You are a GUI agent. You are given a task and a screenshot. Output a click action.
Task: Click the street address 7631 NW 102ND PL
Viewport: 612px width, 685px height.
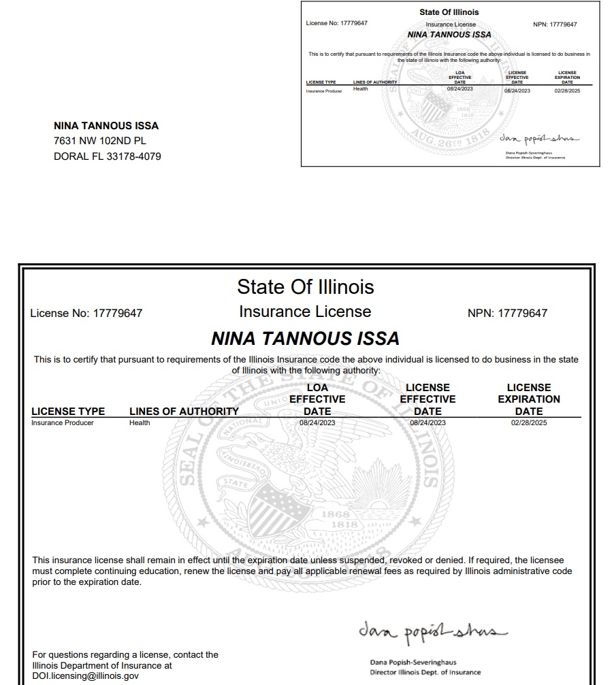point(100,141)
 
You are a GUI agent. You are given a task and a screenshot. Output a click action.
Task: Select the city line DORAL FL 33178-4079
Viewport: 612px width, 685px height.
point(107,156)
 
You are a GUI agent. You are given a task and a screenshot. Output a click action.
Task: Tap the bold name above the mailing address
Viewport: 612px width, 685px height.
point(106,126)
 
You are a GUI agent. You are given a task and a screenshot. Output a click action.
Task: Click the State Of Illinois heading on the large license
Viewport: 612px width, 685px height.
point(305,286)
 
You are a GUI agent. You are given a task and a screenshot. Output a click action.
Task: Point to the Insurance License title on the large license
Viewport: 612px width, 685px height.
point(305,312)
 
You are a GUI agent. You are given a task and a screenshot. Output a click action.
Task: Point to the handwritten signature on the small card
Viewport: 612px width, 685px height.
point(538,138)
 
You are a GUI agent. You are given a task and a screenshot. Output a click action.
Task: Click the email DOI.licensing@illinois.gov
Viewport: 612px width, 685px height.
point(85,676)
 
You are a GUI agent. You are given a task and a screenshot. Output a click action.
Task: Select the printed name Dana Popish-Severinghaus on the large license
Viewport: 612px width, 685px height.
point(413,662)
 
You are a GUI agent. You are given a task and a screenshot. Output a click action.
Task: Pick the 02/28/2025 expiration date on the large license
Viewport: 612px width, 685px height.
point(528,423)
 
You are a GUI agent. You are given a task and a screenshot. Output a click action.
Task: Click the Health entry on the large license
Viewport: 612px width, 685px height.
point(140,423)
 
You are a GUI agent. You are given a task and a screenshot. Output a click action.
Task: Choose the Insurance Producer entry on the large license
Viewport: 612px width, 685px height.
point(63,423)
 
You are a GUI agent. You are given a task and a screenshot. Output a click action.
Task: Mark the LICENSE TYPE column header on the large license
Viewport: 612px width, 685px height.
point(68,411)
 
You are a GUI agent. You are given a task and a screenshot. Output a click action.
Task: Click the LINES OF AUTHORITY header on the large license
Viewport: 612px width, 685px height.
point(184,411)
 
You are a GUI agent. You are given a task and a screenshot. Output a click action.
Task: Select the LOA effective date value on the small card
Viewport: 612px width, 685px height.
point(460,90)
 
